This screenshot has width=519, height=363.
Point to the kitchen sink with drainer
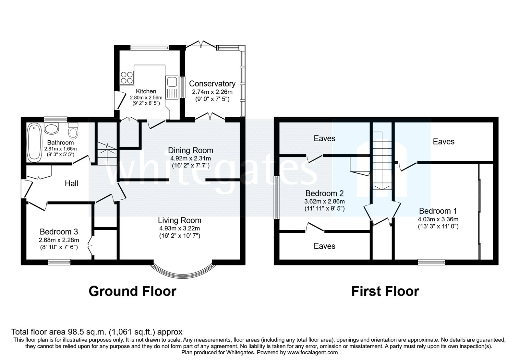[171, 87]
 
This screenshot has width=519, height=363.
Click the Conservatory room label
[212, 84]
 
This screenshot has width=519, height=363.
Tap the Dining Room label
[190, 150]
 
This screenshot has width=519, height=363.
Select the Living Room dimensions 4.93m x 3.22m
[179, 228]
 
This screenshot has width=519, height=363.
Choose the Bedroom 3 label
[59, 232]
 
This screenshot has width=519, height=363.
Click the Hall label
[71, 183]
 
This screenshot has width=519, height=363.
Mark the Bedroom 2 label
[324, 193]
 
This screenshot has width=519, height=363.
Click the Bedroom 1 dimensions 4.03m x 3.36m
[438, 219]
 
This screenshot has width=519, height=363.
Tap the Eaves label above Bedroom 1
[443, 142]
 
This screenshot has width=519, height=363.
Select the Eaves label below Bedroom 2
[324, 246]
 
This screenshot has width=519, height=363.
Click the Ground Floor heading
[132, 291]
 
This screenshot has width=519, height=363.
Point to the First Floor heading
[385, 291]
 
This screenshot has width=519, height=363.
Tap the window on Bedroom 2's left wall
[277, 197]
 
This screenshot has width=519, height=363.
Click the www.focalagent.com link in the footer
[312, 352]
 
